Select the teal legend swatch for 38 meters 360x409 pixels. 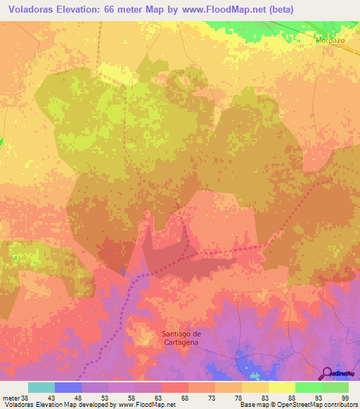pyautogui.click(x=41, y=387)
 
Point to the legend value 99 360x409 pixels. pyautogui.click(x=345, y=398)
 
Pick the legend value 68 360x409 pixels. pyautogui.click(x=185, y=398)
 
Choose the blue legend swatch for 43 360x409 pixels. pyautogui.click(x=68, y=387)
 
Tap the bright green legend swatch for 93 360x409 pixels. pyautogui.click(x=308, y=387)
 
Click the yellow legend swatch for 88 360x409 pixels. pyautogui.click(x=281, y=387)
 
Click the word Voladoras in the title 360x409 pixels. pyautogui.click(x=30, y=9)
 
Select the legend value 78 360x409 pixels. pyautogui.click(x=238, y=398)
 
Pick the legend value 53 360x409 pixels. pyautogui.click(x=105, y=398)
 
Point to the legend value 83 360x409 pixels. pyautogui.click(x=265, y=398)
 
